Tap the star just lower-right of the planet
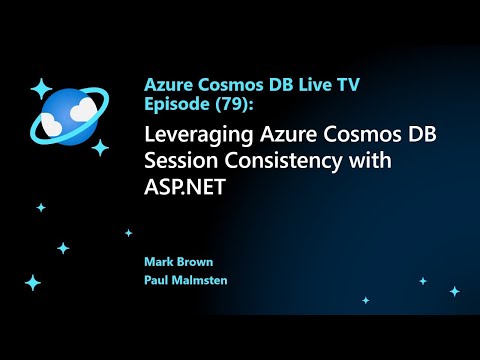click(100, 147)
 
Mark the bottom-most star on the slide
click(33, 283)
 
